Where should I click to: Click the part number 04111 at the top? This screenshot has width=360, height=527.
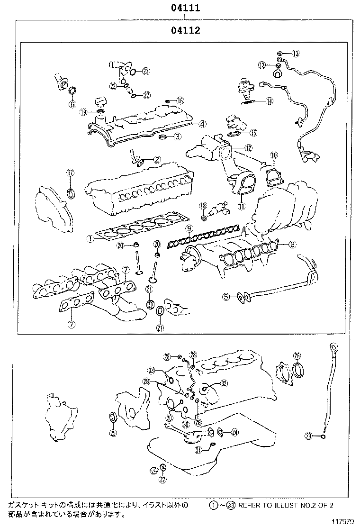[185, 8]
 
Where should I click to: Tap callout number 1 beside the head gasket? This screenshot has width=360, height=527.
[89, 239]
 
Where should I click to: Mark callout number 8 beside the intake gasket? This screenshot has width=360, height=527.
[292, 245]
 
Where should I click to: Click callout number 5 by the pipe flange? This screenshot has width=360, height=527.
[227, 297]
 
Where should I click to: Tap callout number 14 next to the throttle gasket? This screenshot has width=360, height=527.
[269, 100]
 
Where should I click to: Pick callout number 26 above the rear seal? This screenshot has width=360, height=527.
[297, 355]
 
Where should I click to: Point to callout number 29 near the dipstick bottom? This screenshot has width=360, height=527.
[308, 436]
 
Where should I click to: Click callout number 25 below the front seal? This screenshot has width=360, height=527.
[113, 432]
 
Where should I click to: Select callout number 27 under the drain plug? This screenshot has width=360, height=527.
[163, 479]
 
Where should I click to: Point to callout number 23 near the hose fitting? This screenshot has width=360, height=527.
[145, 71]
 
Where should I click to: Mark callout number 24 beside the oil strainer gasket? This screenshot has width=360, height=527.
[235, 432]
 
